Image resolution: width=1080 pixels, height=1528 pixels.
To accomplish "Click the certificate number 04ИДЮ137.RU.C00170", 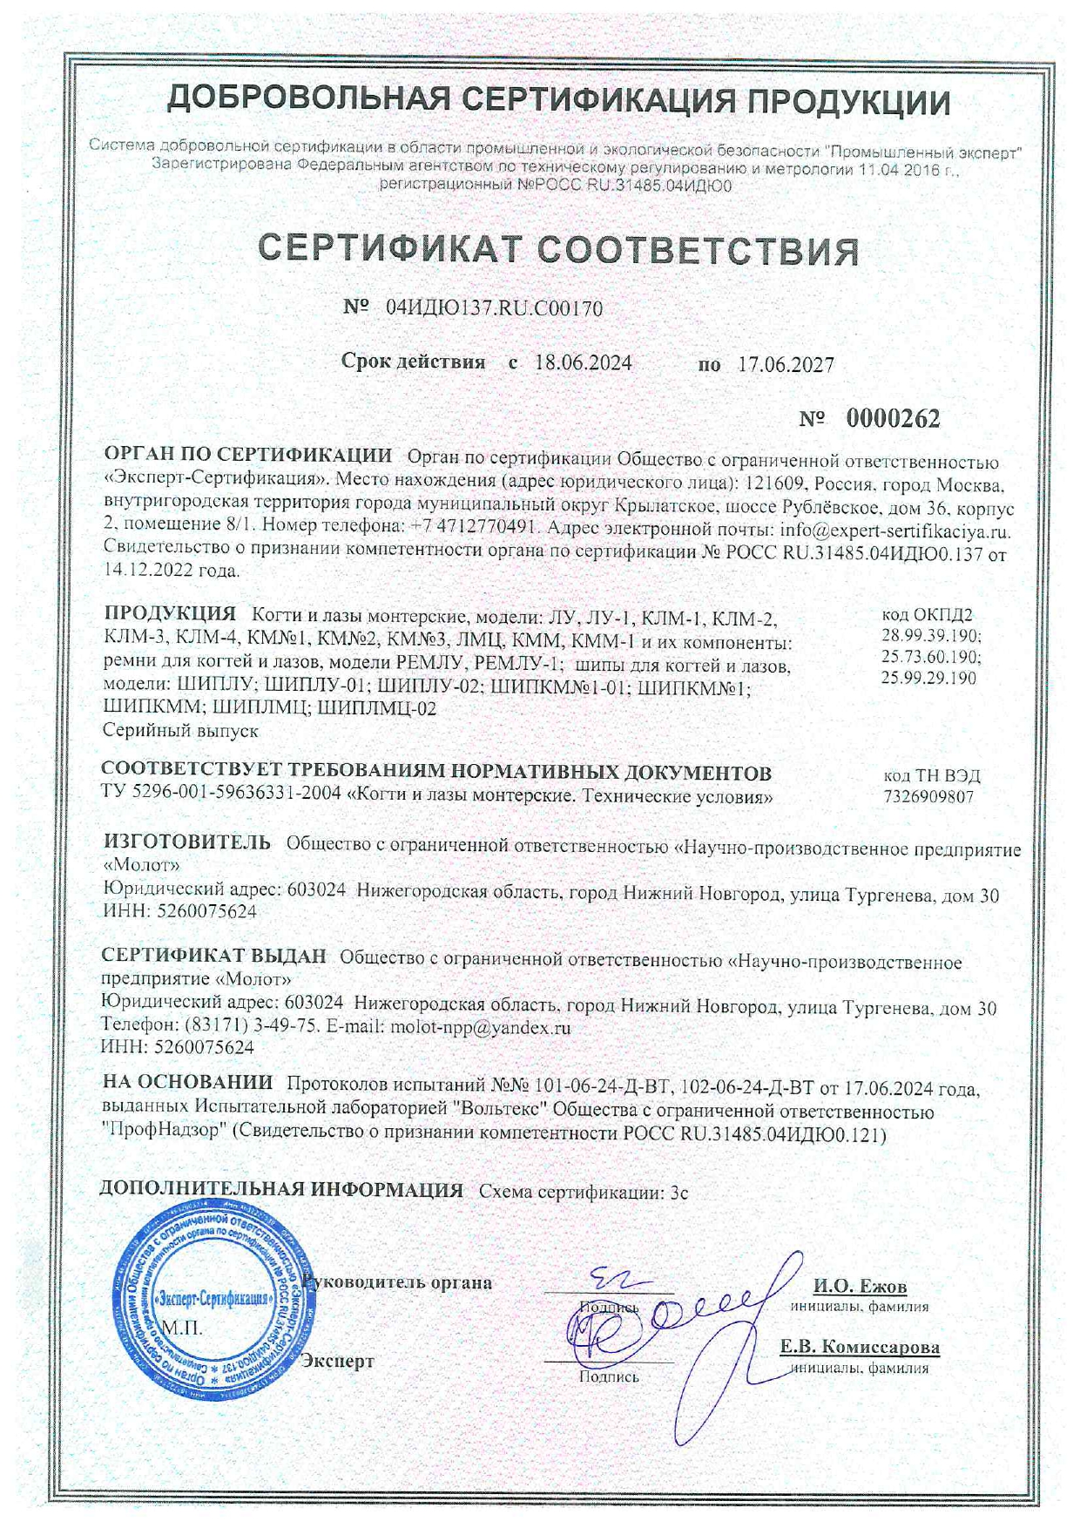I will click(x=494, y=308).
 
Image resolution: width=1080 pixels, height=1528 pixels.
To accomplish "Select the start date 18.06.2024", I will click(x=583, y=363).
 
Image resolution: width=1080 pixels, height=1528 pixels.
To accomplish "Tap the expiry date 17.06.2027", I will click(x=786, y=365).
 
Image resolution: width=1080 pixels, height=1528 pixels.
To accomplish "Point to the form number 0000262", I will click(x=893, y=419).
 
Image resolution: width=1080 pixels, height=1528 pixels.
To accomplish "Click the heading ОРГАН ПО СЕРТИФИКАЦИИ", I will click(x=247, y=455).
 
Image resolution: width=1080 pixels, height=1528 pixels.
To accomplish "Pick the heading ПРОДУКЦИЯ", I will click(x=170, y=614).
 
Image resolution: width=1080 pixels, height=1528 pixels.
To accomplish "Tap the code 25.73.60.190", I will click(x=931, y=657).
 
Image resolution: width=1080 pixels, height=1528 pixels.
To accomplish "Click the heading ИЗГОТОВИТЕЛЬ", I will click(x=187, y=842).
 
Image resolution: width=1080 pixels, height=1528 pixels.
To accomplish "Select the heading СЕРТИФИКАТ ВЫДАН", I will click(x=213, y=957).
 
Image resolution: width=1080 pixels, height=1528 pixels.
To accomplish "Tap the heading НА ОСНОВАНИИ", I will click(x=187, y=1083).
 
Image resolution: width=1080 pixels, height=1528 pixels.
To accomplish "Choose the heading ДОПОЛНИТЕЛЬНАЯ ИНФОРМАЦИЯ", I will click(x=280, y=1190).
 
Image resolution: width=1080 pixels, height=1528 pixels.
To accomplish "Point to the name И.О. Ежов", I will click(x=860, y=1287).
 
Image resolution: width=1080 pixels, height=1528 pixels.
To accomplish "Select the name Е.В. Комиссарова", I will click(x=859, y=1347).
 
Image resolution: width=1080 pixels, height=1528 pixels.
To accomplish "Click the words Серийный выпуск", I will click(x=180, y=730).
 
